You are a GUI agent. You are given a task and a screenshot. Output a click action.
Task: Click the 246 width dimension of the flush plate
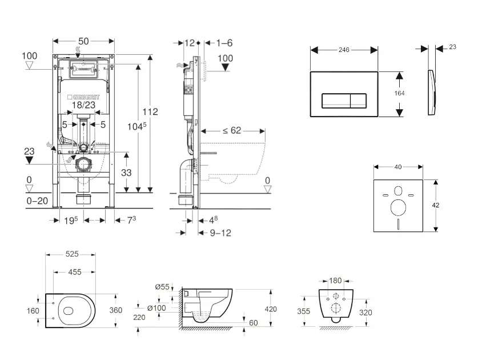point(344,50)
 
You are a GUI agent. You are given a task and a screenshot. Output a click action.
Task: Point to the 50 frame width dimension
point(83,41)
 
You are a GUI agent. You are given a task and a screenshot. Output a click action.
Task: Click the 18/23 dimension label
point(84,106)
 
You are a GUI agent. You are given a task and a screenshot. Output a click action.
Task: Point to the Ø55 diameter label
point(162,287)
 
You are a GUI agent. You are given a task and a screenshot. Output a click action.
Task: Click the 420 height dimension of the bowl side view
point(271,309)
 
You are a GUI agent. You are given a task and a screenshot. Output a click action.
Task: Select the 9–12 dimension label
point(220,233)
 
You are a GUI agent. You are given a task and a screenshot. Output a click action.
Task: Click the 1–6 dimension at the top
point(225,42)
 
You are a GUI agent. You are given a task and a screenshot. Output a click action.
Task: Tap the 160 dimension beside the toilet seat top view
point(33,311)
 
